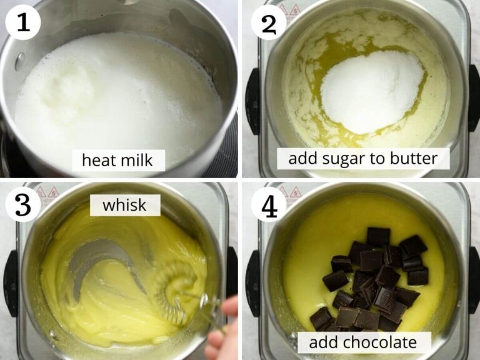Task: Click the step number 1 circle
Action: pos(23,23)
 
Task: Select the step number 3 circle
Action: pos(23,203)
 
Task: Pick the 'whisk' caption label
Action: pos(125,205)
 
